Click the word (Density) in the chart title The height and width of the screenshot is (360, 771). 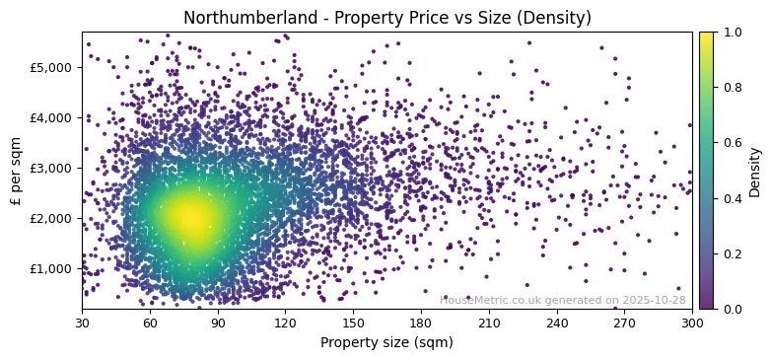[x=555, y=18]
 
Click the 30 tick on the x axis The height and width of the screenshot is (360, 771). [x=82, y=322]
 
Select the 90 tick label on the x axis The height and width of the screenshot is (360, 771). [x=218, y=322]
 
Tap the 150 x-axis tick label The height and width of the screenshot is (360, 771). [x=353, y=322]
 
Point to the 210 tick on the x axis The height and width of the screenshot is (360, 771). [x=489, y=322]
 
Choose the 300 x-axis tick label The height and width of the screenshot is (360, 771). [x=692, y=322]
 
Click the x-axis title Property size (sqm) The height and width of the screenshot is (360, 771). [x=386, y=342]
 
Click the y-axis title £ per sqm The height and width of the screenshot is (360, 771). [x=16, y=171]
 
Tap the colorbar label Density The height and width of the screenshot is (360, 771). [x=755, y=171]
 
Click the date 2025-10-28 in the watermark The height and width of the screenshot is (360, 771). [x=653, y=300]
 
